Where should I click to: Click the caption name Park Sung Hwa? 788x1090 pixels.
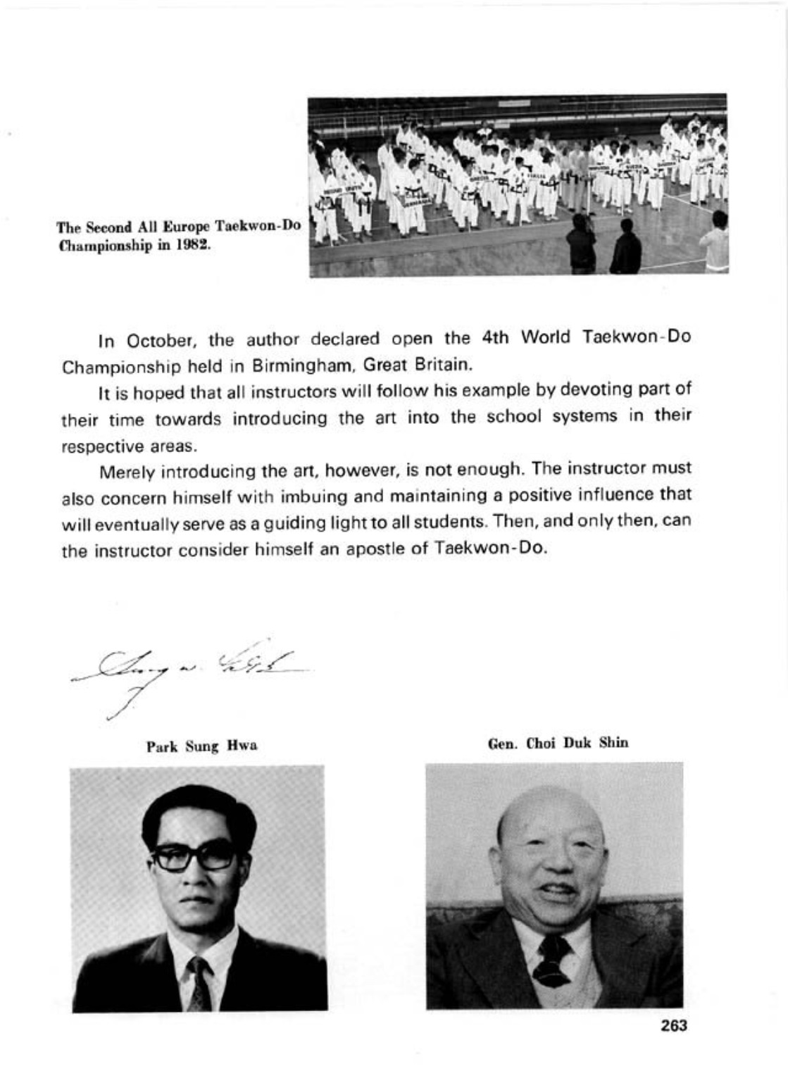201,746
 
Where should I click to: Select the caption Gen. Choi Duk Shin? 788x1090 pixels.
558,743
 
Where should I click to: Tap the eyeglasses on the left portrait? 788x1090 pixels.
194,855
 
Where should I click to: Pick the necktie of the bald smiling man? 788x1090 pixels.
553,960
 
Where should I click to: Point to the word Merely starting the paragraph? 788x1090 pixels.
127,470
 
